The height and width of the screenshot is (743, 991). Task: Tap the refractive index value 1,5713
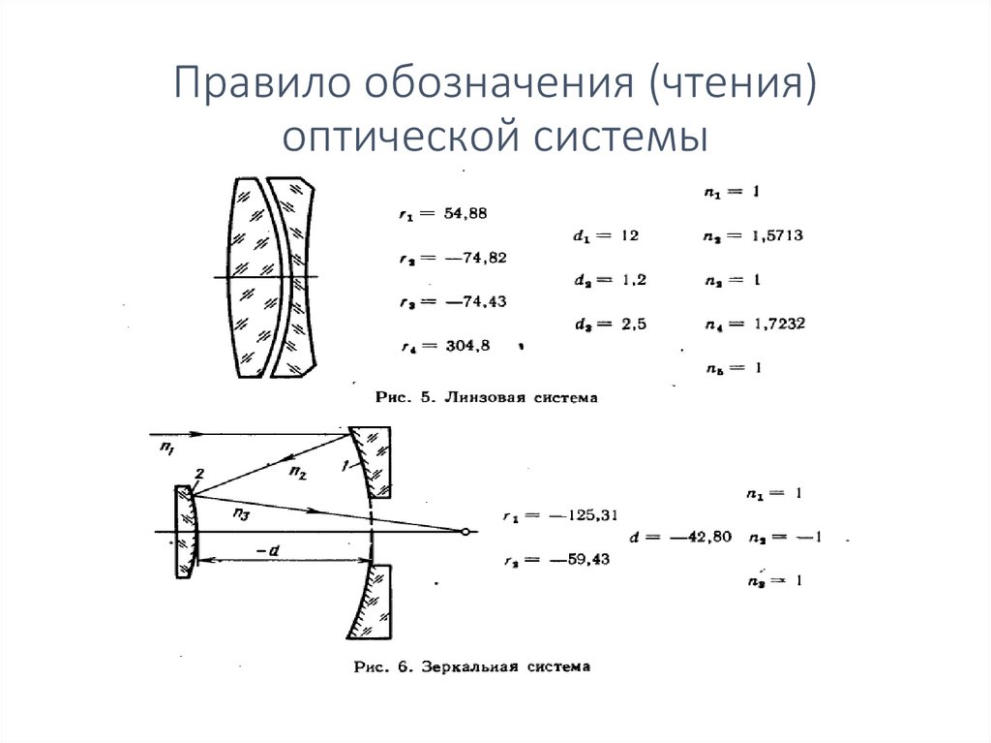click(x=770, y=235)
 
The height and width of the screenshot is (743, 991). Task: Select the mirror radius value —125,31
click(x=581, y=515)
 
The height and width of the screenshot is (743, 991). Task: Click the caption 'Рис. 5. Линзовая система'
click(x=473, y=397)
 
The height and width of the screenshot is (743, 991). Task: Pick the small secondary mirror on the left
click(x=184, y=532)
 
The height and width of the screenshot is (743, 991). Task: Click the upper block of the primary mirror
click(x=372, y=461)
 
